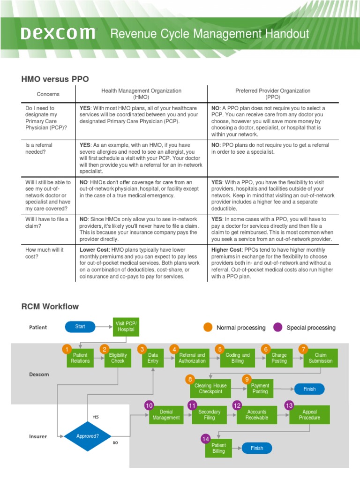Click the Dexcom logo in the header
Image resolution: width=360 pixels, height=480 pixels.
click(x=58, y=34)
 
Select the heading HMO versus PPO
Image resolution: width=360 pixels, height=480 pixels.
click(x=55, y=79)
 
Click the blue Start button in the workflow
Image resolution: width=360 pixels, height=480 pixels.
click(x=80, y=327)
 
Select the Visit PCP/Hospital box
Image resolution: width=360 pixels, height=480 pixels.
click(x=126, y=326)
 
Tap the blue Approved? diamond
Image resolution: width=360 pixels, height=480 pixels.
click(x=88, y=436)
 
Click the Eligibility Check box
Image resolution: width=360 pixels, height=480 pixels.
click(x=118, y=358)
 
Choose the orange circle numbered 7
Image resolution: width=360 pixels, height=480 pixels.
click(x=303, y=349)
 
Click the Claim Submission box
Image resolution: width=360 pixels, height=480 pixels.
click(x=320, y=358)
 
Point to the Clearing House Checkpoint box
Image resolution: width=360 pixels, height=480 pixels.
click(x=210, y=389)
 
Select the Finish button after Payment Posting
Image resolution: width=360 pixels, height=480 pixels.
click(x=309, y=389)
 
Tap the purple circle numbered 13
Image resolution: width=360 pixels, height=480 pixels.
click(x=289, y=405)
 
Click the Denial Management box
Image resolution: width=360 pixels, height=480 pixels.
click(x=166, y=415)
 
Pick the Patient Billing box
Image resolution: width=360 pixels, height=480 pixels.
click(x=218, y=449)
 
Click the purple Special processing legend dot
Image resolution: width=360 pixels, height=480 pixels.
click(x=278, y=327)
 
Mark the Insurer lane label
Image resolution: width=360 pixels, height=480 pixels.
click(x=38, y=436)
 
